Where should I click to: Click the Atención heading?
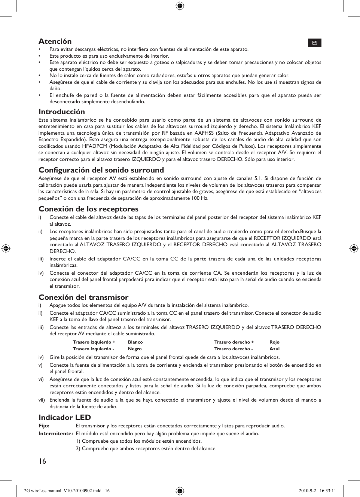55,42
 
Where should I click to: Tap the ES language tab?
315,43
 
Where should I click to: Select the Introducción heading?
62,112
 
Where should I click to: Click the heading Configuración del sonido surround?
101,170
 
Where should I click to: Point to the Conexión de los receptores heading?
88,209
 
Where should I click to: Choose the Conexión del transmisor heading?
83,298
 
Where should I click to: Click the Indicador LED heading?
65,418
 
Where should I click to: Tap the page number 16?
42,461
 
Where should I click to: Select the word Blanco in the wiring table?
135,342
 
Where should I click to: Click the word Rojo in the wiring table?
274,342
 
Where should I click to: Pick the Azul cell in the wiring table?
274,349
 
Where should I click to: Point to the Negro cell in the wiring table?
135,349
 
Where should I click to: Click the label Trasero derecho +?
234,342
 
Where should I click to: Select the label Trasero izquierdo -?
94,349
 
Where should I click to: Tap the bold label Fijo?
44,426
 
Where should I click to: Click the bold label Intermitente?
55,434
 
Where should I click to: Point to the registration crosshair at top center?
180,6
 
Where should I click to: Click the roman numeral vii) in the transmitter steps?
42,400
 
